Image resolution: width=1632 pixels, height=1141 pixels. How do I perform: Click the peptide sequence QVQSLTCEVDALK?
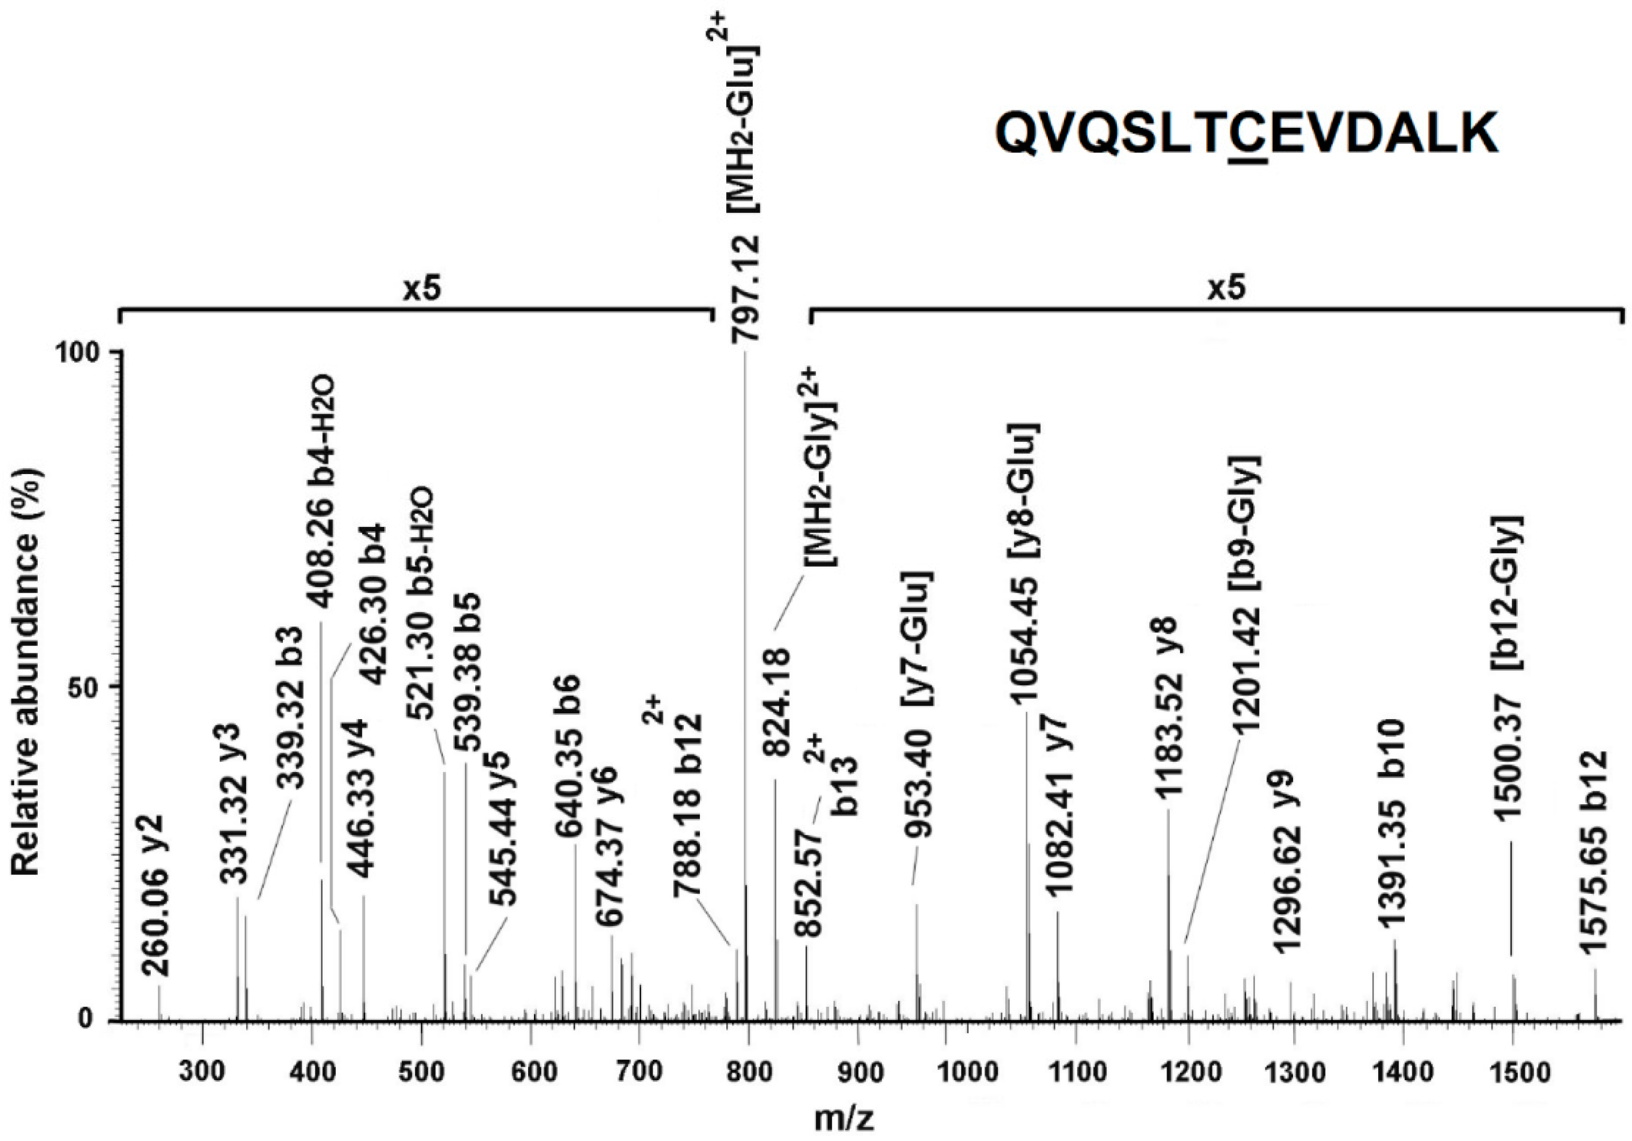[1246, 134]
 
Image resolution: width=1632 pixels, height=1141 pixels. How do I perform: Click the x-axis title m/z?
[844, 1119]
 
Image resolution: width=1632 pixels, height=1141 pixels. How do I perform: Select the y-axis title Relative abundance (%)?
[26, 672]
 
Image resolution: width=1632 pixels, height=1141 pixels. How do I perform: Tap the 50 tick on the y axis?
[88, 687]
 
